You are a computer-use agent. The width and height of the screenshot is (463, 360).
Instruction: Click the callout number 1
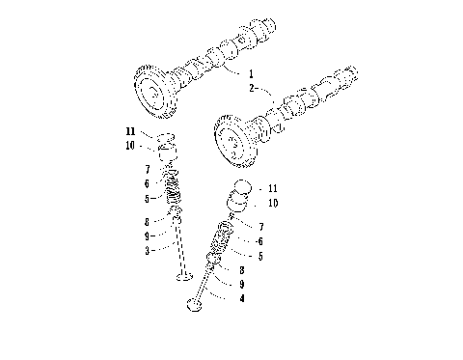251,73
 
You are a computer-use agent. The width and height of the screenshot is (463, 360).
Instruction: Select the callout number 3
149,250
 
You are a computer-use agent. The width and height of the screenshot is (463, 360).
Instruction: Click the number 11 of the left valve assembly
130,129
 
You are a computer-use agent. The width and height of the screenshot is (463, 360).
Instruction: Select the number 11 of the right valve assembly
273,188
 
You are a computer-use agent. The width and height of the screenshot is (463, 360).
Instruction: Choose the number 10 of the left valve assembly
130,145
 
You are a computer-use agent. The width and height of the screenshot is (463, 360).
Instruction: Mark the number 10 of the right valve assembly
273,204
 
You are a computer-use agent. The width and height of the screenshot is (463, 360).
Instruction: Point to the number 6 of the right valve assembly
260,241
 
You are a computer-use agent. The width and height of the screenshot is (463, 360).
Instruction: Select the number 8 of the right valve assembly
240,270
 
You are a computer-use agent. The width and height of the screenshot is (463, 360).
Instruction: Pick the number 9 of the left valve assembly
149,235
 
